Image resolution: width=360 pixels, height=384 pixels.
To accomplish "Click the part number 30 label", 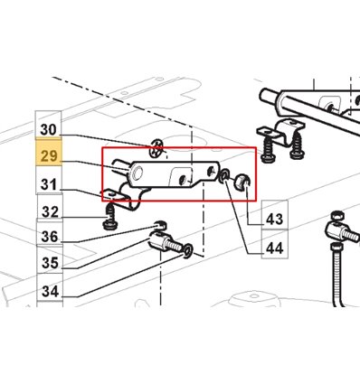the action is coord(48,129).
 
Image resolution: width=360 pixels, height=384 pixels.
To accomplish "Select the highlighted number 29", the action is coord(49,156).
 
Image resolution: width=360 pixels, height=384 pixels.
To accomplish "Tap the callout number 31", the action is coord(49,184).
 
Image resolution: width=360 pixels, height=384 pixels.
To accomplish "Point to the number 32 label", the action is coord(50,211).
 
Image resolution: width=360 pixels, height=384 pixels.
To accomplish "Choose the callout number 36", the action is coord(50,237).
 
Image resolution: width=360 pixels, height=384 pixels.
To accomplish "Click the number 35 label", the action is coord(50,263).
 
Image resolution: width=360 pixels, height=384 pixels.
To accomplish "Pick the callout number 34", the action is coord(50,291).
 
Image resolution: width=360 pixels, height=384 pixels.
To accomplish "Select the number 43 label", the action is coord(275,219).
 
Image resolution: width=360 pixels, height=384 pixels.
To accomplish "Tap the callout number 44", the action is coord(275,248).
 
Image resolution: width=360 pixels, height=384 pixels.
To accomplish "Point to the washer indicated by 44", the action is coord(224,176).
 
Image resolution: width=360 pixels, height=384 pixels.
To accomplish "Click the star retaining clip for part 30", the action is coord(156,148).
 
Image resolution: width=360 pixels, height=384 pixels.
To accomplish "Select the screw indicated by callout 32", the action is coord(110,218).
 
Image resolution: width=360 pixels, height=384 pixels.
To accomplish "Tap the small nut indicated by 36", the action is coord(160,225).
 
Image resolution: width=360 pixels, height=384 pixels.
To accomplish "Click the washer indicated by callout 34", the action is coord(187,251).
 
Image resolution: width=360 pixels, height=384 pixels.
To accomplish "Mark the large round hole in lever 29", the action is coord(137,173).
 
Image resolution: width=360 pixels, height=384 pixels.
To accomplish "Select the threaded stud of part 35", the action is coord(175,245).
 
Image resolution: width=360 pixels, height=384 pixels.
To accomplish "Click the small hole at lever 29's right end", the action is coord(211,172).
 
